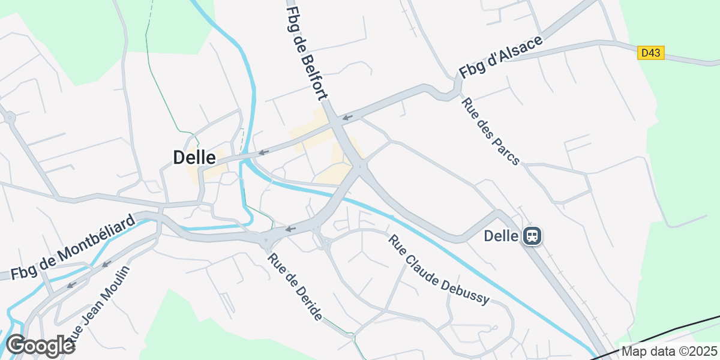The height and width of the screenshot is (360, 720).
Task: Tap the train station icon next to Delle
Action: click(532, 236)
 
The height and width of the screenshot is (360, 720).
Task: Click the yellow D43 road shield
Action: click(651, 53)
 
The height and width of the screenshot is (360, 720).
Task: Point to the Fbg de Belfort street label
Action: click(307, 53)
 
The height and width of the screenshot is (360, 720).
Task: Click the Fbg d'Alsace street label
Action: click(500, 58)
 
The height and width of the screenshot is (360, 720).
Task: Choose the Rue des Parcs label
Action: click(490, 131)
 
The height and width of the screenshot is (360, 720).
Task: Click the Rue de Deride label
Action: click(295, 287)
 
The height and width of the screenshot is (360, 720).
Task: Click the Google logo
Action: click(40, 346)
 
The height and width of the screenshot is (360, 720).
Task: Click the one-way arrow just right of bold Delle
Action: click(263, 152)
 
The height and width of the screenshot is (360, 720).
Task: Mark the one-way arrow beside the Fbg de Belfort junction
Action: click(347, 116)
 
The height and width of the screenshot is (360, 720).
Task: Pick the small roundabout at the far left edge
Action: click(10, 118)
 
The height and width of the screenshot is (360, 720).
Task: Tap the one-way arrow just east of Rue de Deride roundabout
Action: click(291, 229)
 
